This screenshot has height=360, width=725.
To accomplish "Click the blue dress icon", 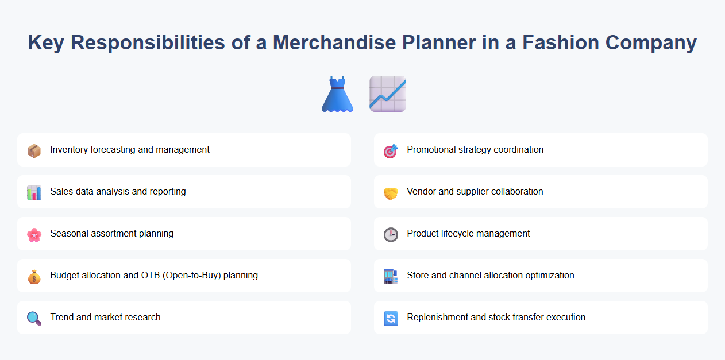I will click(337, 94).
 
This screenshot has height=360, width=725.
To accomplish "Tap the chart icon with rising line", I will click(388, 94).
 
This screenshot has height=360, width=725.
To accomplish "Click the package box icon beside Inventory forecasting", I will click(34, 150).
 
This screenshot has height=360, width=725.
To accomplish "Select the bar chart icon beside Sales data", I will click(34, 192).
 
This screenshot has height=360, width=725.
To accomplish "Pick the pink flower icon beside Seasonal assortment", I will click(34, 234).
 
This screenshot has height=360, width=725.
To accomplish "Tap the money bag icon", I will click(34, 276).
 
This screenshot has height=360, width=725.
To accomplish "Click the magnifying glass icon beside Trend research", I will click(34, 318).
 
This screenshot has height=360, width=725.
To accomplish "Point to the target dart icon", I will click(391, 150).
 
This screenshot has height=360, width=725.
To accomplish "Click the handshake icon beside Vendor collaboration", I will click(391, 192).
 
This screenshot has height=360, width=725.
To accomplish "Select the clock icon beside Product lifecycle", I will click(391, 234).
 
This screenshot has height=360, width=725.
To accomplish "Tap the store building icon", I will click(391, 276).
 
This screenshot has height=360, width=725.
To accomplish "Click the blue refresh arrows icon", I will click(391, 318).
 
